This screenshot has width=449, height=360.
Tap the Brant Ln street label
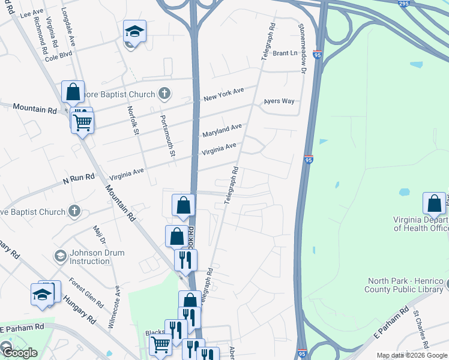click(285, 53)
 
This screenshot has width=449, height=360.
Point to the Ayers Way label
click(279, 101)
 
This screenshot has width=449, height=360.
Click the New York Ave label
click(223, 94)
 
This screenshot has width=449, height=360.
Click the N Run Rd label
click(79, 177)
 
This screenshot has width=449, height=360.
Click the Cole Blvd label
click(58, 58)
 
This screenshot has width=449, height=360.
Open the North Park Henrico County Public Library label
click(406, 286)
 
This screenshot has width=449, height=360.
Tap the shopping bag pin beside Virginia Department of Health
click(434, 204)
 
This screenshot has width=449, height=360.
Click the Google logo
click(19, 353)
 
